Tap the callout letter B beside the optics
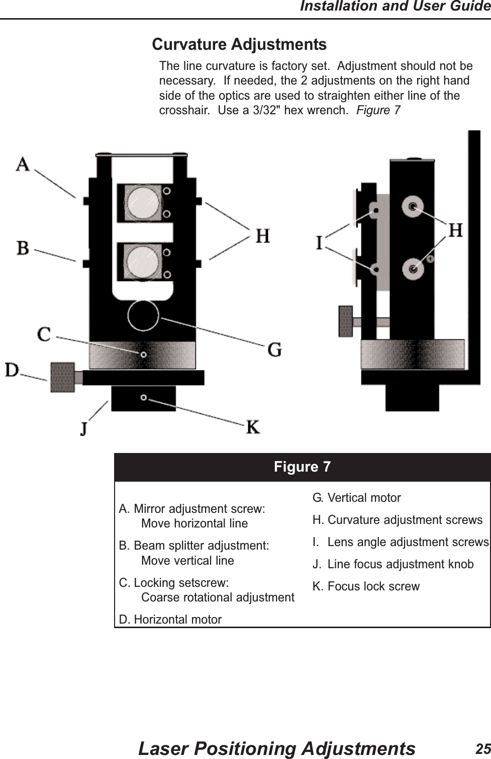click(23, 248)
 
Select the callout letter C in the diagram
click(45, 334)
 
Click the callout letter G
click(274, 349)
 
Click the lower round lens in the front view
click(140, 261)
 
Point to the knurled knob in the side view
click(346, 321)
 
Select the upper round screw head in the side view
click(413, 206)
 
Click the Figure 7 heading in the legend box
click(302, 467)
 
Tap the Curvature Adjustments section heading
click(239, 44)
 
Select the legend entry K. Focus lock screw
click(366, 586)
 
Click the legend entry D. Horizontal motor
click(170, 619)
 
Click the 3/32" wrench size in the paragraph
click(267, 110)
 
